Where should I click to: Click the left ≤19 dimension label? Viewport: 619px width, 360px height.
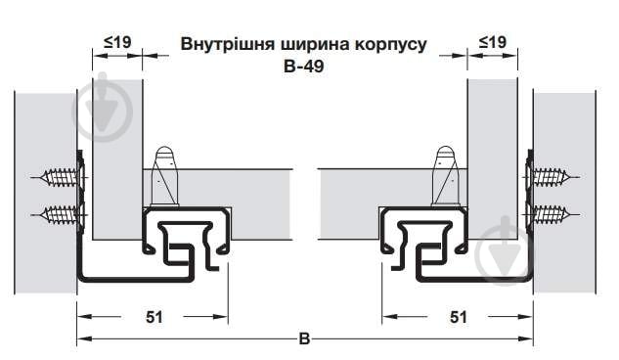(117, 42)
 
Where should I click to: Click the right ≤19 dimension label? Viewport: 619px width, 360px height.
(492, 42)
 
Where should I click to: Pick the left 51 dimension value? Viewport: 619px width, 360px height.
(153, 317)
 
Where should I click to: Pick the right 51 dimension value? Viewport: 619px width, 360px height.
(458, 317)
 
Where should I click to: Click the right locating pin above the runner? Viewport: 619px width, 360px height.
(445, 174)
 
